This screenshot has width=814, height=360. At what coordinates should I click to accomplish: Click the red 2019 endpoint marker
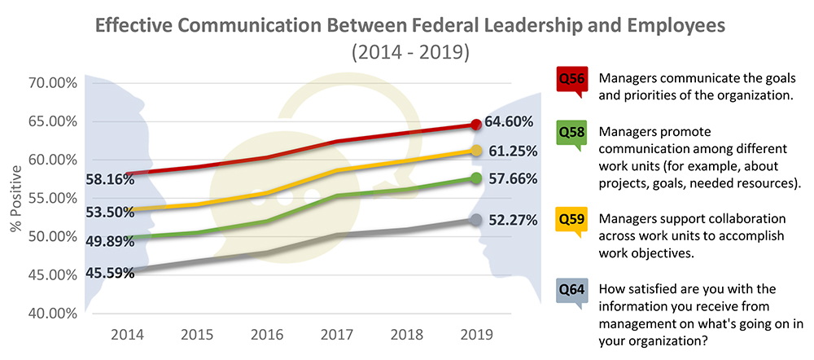[x=476, y=125]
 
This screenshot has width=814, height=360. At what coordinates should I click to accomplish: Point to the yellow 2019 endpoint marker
[x=476, y=151]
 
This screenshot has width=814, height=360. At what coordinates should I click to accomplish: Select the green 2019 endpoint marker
[x=476, y=178]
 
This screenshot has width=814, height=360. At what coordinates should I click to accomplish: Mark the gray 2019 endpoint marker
[x=476, y=220]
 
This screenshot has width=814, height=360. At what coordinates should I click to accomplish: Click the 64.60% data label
[x=510, y=122]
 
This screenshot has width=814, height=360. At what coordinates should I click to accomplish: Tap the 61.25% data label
[x=510, y=151]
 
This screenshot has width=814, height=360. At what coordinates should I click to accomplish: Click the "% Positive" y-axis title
[x=15, y=199]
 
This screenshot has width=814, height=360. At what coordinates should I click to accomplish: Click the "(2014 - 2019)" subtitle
[x=410, y=53]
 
